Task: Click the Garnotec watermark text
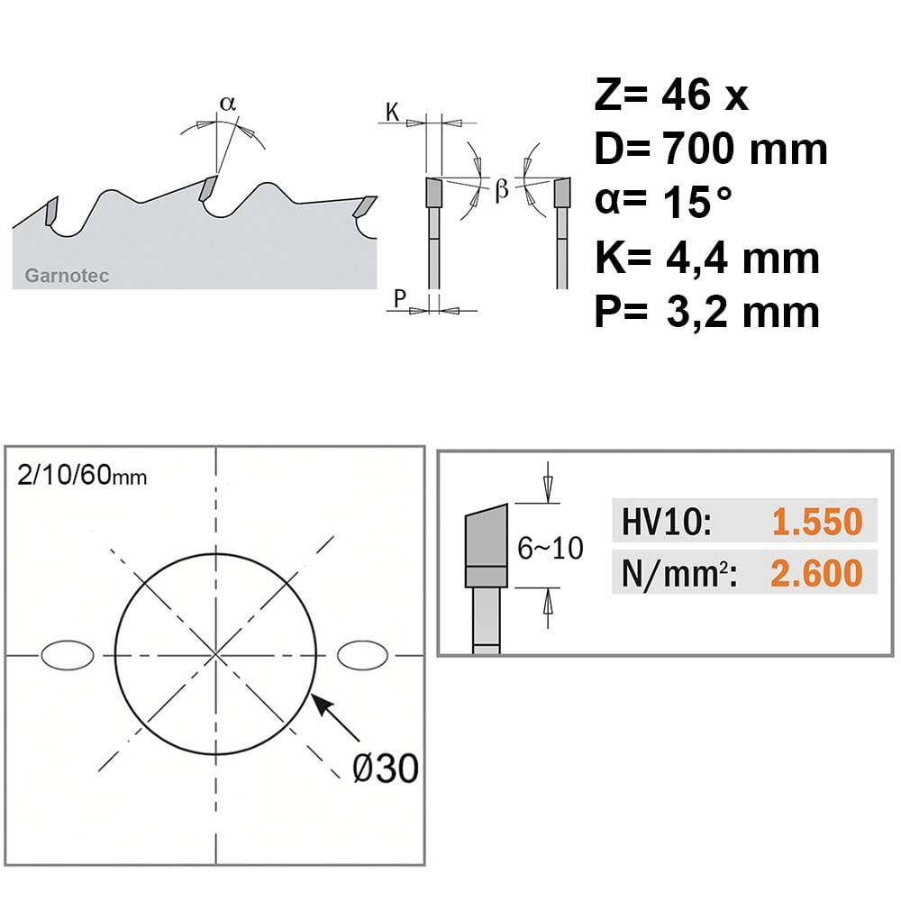[67, 276]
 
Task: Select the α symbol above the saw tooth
[228, 104]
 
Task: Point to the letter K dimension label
[392, 112]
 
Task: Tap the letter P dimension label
[400, 299]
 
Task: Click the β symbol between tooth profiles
[502, 189]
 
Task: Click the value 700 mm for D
[745, 148]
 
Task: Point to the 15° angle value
[697, 201]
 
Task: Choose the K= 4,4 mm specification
[706, 258]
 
